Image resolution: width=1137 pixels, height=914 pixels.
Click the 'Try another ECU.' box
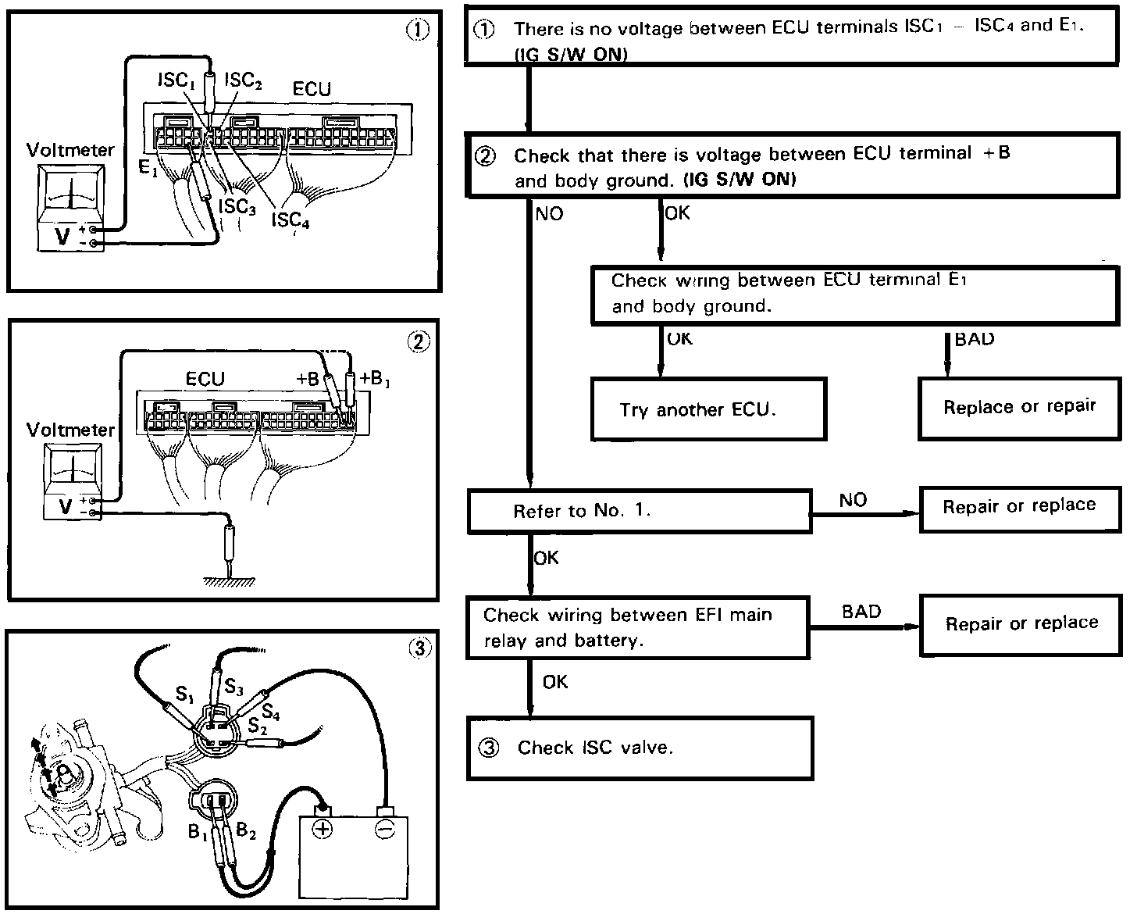pyautogui.click(x=708, y=409)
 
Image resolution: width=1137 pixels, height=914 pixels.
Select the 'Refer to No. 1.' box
pyautogui.click(x=639, y=512)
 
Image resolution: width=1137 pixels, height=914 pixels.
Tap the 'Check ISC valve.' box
pyautogui.click(x=640, y=748)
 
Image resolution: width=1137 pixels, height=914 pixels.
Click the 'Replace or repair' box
pyautogui.click(x=1019, y=408)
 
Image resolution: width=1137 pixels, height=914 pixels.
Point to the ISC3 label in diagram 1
pyautogui.click(x=237, y=207)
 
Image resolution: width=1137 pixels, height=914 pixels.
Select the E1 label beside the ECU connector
pyautogui.click(x=147, y=167)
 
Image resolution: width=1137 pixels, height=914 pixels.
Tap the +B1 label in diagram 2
pyautogui.click(x=375, y=379)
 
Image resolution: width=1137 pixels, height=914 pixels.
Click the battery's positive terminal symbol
pyautogui.click(x=322, y=828)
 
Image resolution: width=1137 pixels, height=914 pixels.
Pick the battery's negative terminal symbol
pyautogui.click(x=384, y=828)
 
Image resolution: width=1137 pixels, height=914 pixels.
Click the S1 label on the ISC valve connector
pyautogui.click(x=184, y=693)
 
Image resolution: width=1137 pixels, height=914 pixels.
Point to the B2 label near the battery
pyautogui.click(x=246, y=831)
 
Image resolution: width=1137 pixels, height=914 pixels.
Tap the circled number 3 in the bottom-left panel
pyautogui.click(x=419, y=648)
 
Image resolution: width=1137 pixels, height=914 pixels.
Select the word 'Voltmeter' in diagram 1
pyautogui.click(x=70, y=150)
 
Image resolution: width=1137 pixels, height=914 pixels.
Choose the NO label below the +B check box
pyautogui.click(x=549, y=214)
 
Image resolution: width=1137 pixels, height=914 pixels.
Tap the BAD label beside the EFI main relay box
pyautogui.click(x=861, y=612)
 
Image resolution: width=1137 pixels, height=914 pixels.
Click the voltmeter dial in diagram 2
pyautogui.click(x=71, y=469)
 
